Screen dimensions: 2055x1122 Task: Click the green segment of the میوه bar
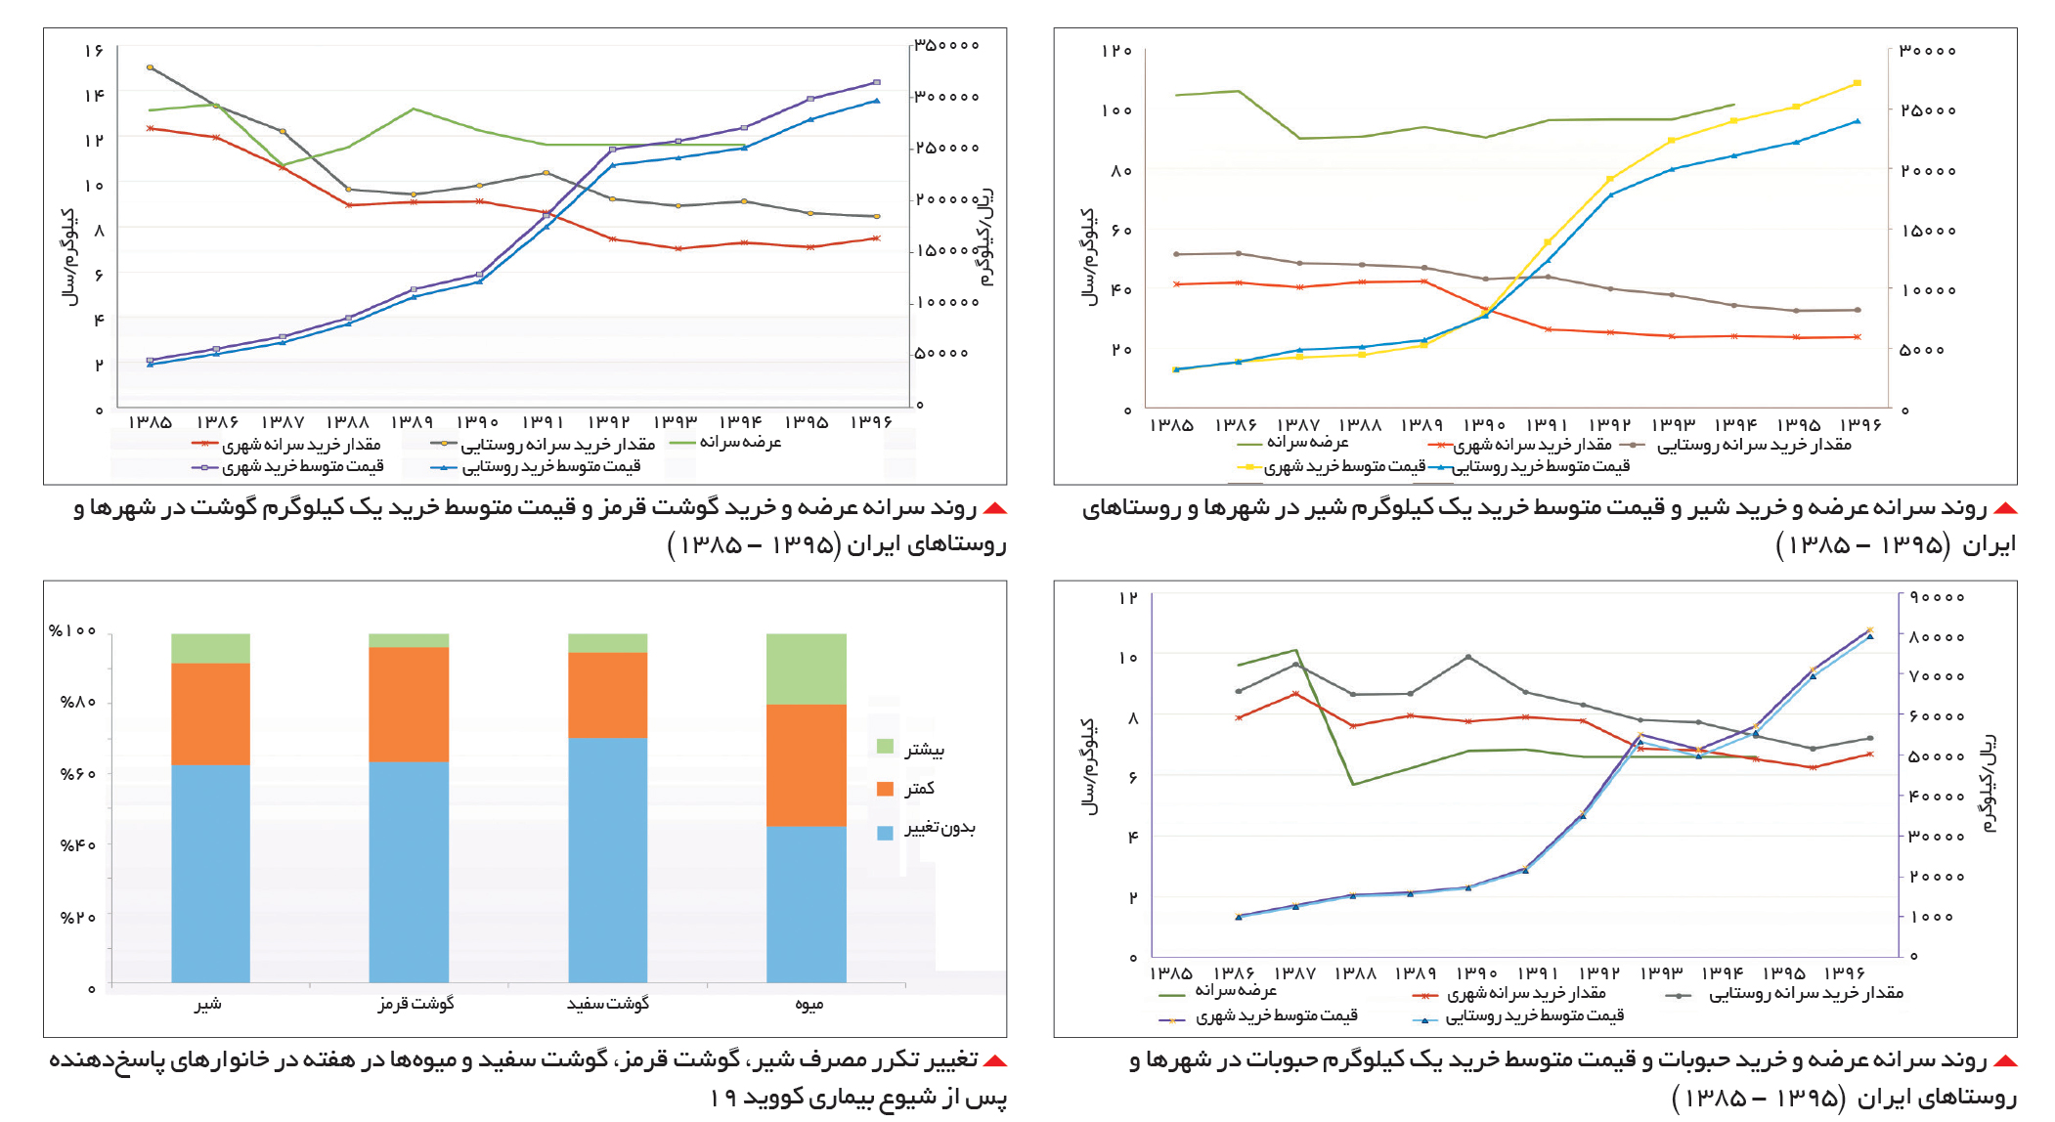(x=807, y=669)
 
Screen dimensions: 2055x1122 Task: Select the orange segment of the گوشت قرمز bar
(x=409, y=704)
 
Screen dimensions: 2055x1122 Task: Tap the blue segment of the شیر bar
(x=210, y=874)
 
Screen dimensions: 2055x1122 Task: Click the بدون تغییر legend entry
(x=926, y=830)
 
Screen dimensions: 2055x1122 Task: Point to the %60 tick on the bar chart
(x=77, y=774)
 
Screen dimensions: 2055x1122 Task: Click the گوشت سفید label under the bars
(x=608, y=1004)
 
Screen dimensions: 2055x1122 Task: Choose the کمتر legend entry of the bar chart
(x=905, y=788)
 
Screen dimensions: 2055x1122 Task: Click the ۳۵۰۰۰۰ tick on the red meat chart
(x=946, y=45)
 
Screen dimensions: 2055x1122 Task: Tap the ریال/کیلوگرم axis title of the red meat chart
(x=986, y=236)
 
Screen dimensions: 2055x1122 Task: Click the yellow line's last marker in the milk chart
(x=1857, y=83)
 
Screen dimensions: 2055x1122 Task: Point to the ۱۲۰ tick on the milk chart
(x=1116, y=51)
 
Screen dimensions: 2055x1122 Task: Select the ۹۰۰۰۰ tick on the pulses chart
(x=1937, y=597)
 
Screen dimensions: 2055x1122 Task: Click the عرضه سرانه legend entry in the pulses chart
(x=1217, y=992)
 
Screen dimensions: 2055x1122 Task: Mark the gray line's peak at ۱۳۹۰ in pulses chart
(x=1467, y=657)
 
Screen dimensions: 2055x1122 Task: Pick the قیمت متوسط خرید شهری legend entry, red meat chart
(x=287, y=467)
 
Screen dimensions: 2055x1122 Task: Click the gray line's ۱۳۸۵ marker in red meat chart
(x=150, y=67)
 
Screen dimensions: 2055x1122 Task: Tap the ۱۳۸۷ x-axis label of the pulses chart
(x=1295, y=973)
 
